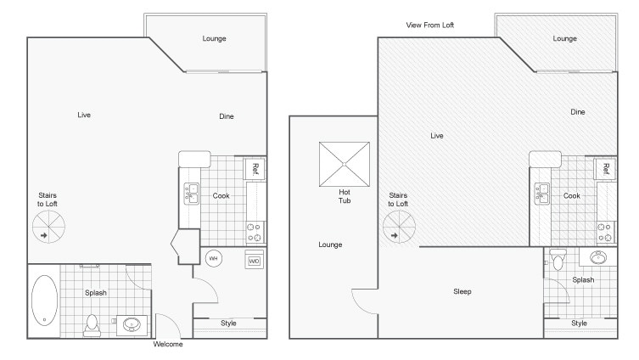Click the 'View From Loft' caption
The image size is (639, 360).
tap(430, 25)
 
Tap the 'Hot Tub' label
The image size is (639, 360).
tap(345, 197)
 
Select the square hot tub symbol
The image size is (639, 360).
tap(345, 163)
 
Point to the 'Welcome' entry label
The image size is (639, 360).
tap(167, 345)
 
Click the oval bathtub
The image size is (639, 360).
tap(44, 300)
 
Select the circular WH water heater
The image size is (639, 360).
tap(214, 259)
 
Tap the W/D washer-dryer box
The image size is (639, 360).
tap(254, 261)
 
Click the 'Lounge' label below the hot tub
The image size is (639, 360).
tap(330, 245)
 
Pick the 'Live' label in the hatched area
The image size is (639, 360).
tap(437, 136)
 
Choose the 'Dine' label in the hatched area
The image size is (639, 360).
tap(578, 112)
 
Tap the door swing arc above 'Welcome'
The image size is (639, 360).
tap(168, 325)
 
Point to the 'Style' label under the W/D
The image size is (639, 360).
tap(228, 323)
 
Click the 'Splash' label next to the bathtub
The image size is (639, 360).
tap(96, 293)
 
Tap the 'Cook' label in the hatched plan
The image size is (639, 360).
tap(572, 196)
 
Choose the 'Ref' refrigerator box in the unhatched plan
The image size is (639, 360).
tap(254, 169)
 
